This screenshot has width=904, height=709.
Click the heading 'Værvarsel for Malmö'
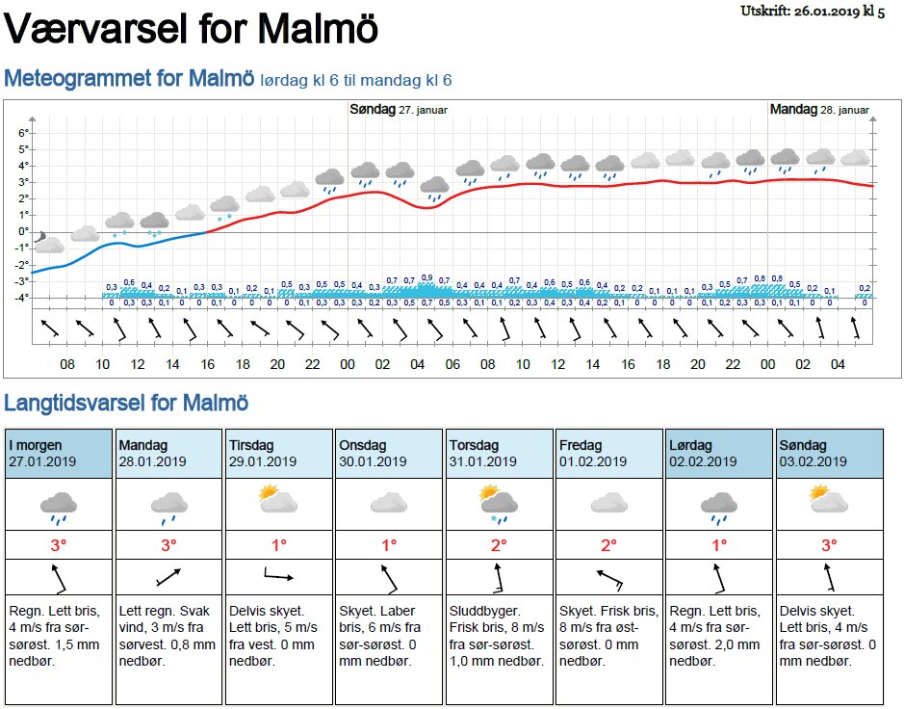tap(192, 29)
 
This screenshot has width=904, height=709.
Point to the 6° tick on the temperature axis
tap(24, 132)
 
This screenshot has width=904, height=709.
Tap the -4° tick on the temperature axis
tap(22, 297)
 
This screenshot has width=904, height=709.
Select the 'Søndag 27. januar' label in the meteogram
tap(399, 110)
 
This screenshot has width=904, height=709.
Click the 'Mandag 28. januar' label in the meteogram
tap(819, 110)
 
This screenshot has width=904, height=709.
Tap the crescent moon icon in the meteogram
tap(39, 237)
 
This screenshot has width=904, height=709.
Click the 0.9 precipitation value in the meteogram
tap(426, 277)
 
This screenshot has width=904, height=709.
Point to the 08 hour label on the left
tap(66, 364)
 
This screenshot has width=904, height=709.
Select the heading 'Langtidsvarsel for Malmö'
tap(126, 403)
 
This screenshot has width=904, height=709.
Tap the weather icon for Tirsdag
tap(277, 500)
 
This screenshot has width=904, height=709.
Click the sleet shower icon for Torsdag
tap(499, 503)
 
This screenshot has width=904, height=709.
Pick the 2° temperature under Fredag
tap(608, 545)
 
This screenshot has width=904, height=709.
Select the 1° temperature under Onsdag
tap(389, 545)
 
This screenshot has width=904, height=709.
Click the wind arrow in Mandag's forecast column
tap(168, 578)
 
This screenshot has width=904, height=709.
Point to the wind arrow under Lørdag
tap(718, 578)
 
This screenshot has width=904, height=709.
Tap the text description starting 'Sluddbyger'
tap(499, 636)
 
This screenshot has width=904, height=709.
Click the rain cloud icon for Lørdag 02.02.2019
tap(718, 505)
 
